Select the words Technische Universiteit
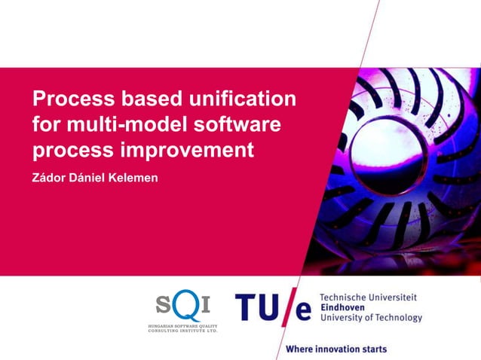tap(369, 297)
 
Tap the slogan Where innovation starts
tap(336, 349)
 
